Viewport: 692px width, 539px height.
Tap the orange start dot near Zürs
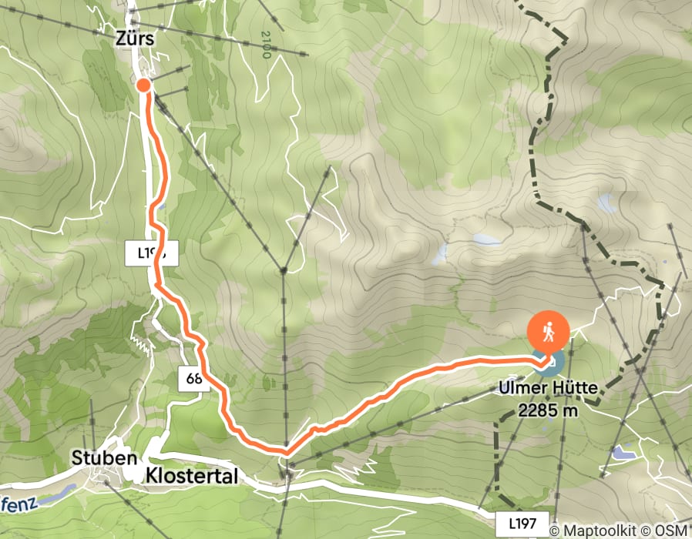(143, 85)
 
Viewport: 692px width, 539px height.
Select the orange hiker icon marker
(549, 333)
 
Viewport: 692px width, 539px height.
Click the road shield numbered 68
(193, 378)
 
